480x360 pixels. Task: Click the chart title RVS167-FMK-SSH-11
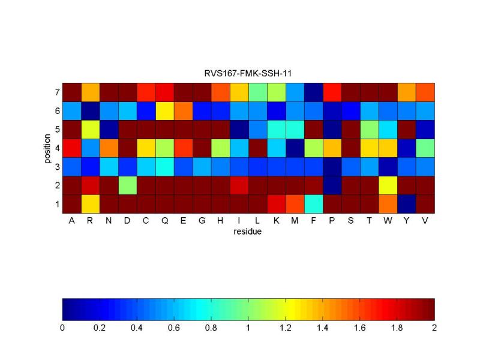pos(248,74)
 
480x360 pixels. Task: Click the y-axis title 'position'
pos(47,148)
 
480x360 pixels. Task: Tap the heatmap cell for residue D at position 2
pos(128,185)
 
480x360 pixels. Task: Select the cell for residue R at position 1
pos(91,204)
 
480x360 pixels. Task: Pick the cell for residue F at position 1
pos(313,204)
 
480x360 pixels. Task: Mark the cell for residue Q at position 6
pos(165,111)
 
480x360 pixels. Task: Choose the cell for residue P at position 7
pos(332,92)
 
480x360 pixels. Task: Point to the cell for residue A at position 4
pos(71,148)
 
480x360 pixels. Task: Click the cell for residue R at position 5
pos(91,130)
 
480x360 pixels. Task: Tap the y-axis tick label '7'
pos(57,92)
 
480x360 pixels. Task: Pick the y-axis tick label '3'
pos(57,167)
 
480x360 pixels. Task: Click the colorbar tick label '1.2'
pos(286,328)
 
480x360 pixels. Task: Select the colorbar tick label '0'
pos(62,328)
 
